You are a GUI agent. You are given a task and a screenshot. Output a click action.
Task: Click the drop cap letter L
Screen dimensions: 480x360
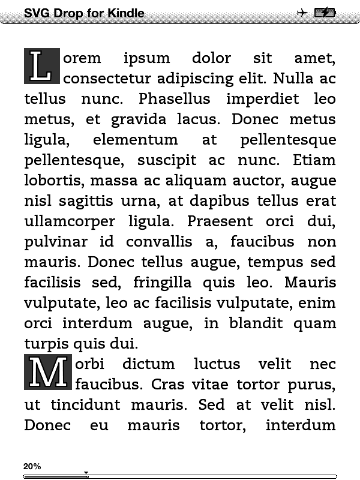tap(41, 66)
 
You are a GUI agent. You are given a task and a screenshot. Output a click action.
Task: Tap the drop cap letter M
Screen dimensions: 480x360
tap(48, 372)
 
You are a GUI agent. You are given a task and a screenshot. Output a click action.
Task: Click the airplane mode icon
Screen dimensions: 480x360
tap(302, 13)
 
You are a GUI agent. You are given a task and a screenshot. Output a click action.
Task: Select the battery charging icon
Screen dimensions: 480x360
tap(325, 13)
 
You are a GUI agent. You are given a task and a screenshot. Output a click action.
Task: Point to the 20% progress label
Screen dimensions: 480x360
tap(32, 466)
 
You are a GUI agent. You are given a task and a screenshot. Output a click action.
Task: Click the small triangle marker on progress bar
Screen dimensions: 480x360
tap(86, 473)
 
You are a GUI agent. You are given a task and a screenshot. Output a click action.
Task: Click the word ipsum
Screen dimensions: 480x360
tap(146, 59)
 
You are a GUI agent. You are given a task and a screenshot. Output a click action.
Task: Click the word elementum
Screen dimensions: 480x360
tap(136, 140)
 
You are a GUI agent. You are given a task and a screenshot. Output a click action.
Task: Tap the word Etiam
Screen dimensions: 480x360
tap(314, 160)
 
